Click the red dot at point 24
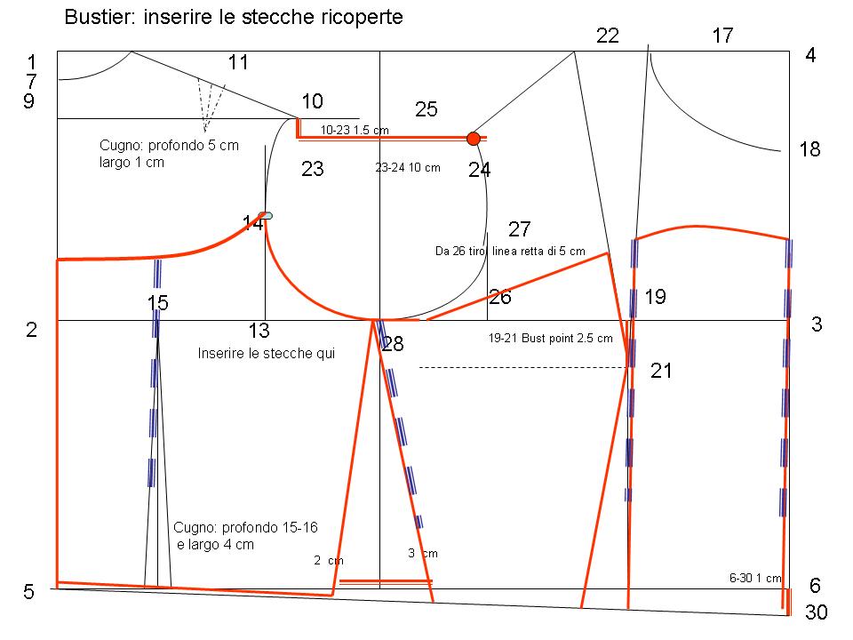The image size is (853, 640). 474,139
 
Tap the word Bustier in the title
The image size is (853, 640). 100,17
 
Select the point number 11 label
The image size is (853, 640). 238,62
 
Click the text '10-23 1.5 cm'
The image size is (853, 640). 355,130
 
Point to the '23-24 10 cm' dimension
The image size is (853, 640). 408,168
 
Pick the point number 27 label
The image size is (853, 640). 520,229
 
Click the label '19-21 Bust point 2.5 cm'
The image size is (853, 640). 551,338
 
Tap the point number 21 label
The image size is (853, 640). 661,371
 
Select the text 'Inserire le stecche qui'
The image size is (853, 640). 266,353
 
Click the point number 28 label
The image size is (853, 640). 393,344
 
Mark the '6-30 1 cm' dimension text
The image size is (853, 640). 755,578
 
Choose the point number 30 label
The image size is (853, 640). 816,612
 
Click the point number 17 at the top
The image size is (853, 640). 722,36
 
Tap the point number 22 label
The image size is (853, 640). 608,36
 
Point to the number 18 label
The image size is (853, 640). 809,149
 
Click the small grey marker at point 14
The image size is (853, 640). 266,216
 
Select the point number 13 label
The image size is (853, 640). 259,331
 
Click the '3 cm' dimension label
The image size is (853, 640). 423,554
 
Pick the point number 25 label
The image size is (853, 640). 426,109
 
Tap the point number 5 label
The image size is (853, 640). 28,592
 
